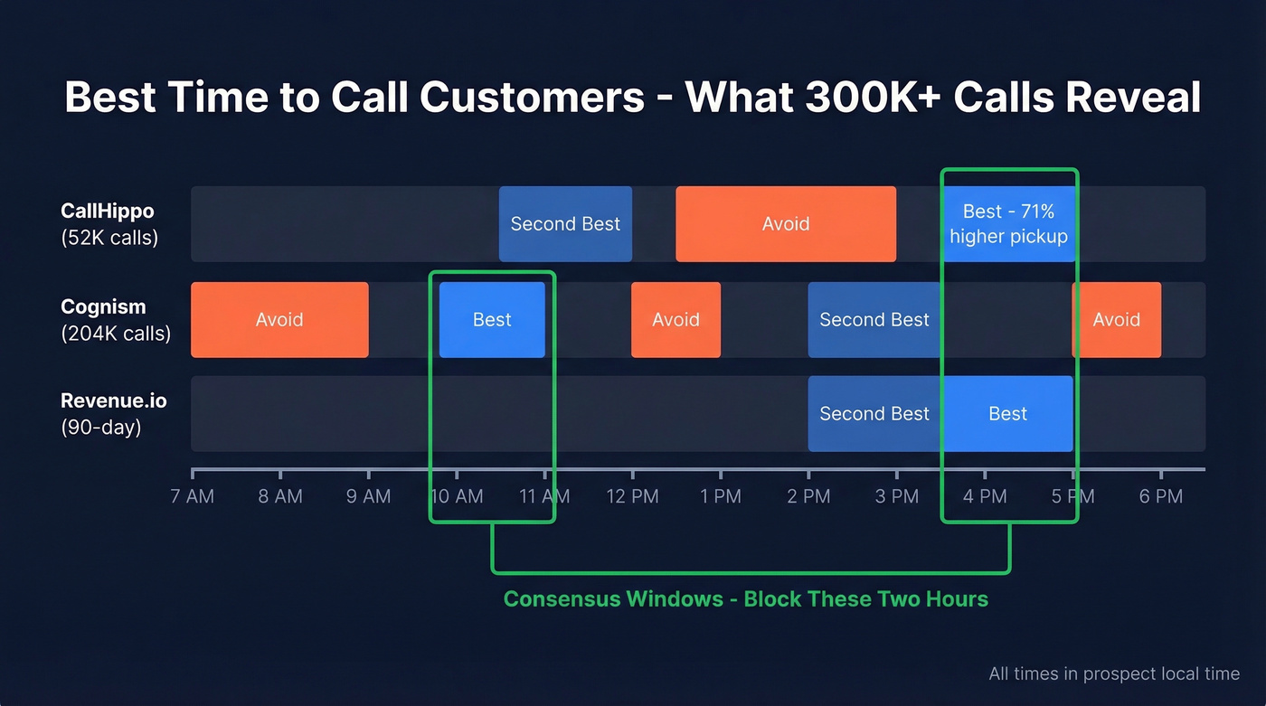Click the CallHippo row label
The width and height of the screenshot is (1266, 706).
click(108, 223)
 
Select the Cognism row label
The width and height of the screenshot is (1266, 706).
click(115, 319)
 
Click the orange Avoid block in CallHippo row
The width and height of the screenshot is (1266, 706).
click(785, 224)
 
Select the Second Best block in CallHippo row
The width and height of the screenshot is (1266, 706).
click(565, 224)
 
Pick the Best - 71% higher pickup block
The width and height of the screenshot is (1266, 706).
click(1008, 224)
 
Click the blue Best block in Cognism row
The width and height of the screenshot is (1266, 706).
click(492, 320)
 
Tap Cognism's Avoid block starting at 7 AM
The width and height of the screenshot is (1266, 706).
click(279, 320)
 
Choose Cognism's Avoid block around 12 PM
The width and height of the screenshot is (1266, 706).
click(676, 320)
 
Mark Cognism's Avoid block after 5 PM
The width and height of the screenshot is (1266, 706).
click(1116, 320)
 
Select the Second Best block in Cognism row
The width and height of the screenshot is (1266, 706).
click(874, 320)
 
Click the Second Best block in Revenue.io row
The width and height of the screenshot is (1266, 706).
click(874, 414)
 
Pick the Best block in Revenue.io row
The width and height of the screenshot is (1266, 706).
click(1007, 414)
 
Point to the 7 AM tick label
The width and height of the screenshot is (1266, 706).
click(193, 496)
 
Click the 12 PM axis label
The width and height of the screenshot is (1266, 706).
click(632, 496)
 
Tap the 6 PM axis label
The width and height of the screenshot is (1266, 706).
click(1160, 496)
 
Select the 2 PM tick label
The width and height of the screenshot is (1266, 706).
click(808, 496)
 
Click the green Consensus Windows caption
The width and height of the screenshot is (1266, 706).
click(745, 599)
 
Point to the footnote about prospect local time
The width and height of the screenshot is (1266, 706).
click(1114, 673)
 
